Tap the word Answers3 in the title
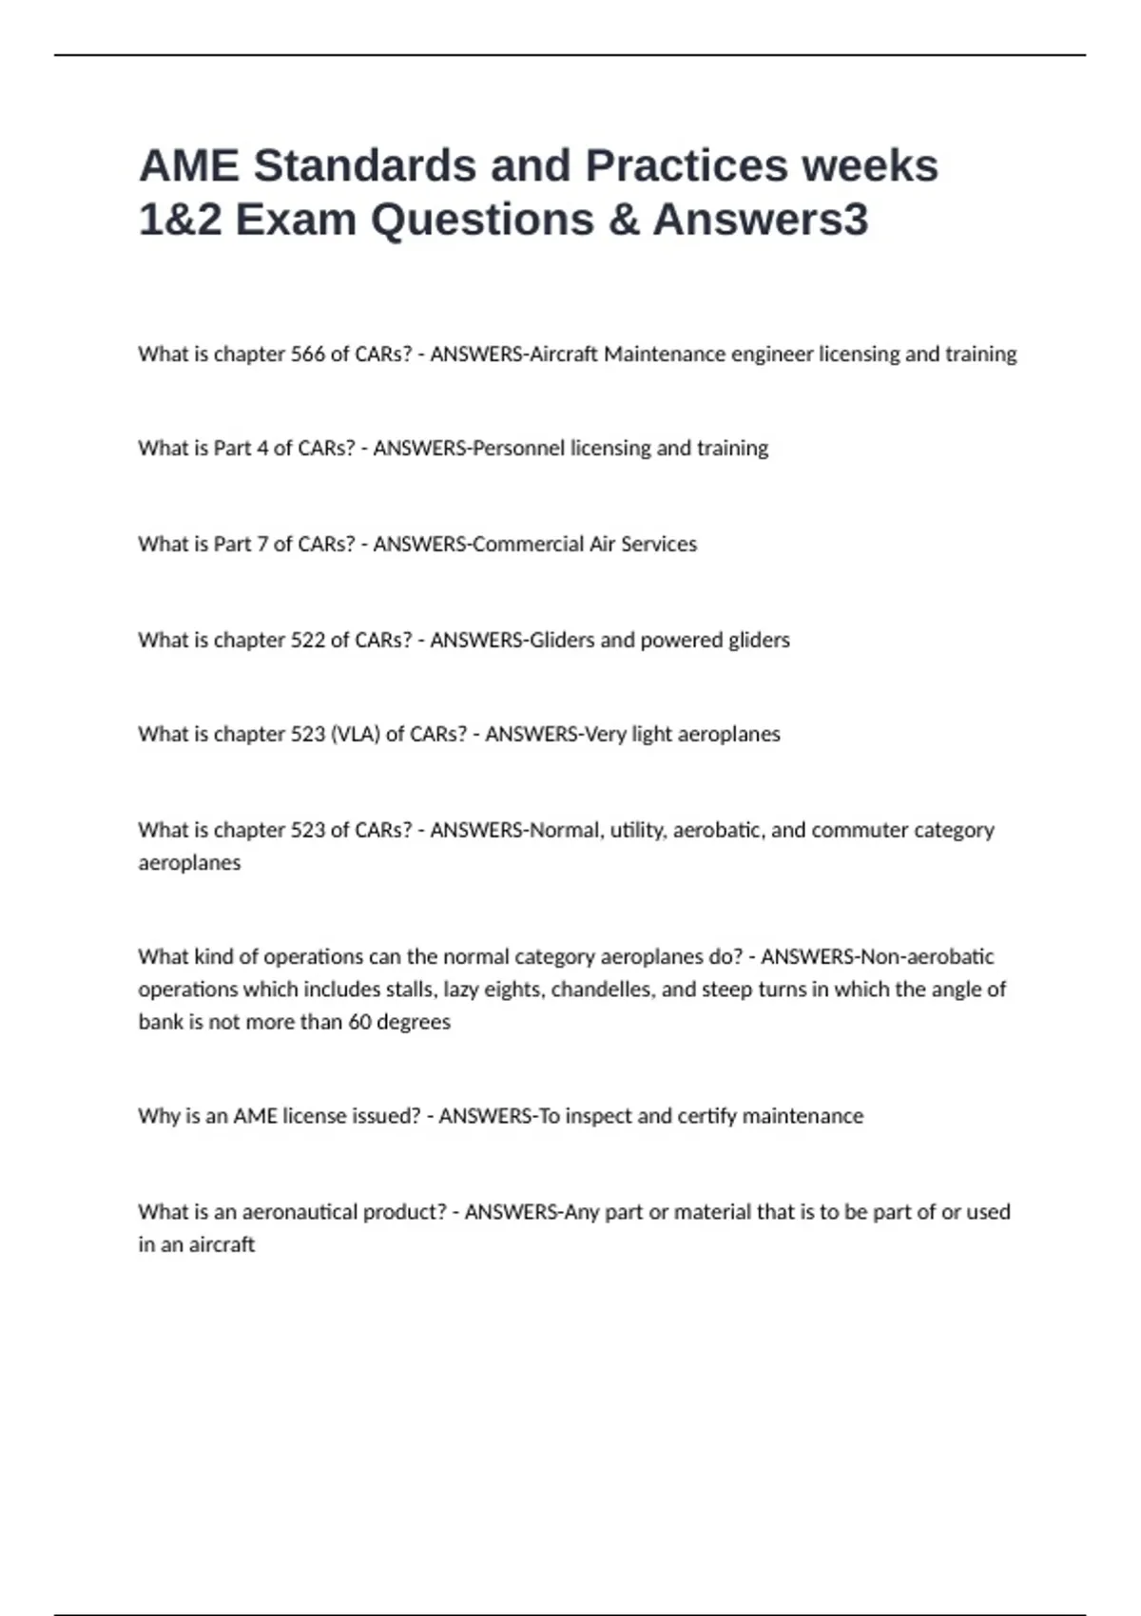(x=760, y=220)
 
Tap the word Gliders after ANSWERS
(x=562, y=640)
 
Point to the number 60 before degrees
(x=359, y=1022)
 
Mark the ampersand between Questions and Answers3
(x=623, y=220)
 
